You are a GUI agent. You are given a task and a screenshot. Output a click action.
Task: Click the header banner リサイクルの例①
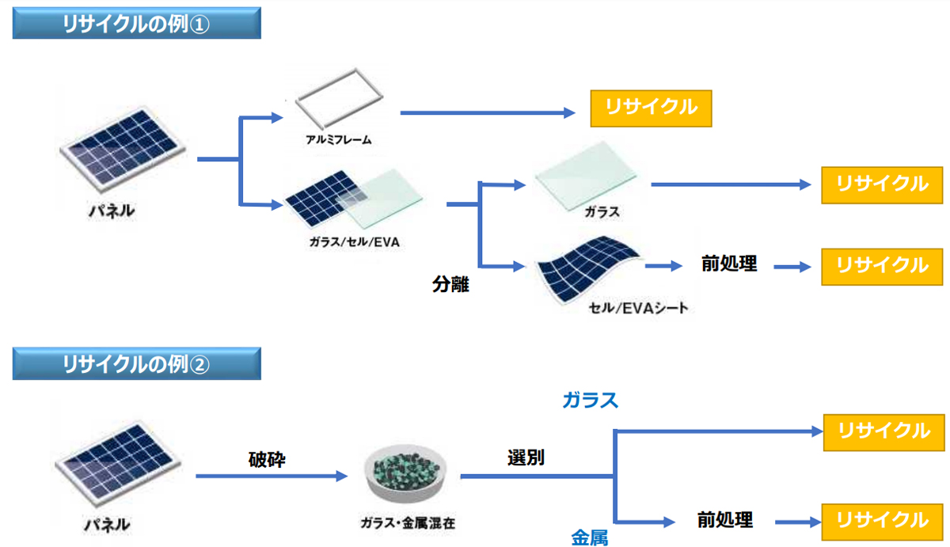[136, 23]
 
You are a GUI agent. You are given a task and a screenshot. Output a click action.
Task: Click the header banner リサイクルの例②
[136, 363]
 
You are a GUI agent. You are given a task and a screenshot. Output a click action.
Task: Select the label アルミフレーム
[339, 139]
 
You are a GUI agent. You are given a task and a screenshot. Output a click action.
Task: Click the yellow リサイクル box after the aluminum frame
[651, 108]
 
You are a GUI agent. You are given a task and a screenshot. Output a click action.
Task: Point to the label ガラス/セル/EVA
[354, 242]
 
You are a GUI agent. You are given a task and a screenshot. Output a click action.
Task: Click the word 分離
[450, 283]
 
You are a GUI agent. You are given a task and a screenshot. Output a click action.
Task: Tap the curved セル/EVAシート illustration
[587, 269]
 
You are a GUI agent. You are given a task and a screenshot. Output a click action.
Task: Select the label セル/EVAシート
[638, 308]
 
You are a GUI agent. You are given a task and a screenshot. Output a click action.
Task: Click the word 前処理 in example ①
[729, 264]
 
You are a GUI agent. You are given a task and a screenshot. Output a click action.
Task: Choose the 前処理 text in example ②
[725, 520]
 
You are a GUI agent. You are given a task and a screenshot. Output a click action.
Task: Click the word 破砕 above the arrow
[267, 459]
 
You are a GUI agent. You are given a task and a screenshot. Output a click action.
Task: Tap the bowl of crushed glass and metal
[405, 473]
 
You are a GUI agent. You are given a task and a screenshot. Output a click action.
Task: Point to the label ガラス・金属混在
[408, 522]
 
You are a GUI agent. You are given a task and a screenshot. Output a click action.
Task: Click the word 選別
[526, 458]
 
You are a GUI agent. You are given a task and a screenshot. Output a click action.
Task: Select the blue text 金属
[590, 538]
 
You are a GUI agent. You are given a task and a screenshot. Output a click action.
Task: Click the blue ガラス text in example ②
[590, 401]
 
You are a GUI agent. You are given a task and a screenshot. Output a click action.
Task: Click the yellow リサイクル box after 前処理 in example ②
[882, 522]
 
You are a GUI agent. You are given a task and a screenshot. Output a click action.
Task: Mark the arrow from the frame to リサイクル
[488, 112]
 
